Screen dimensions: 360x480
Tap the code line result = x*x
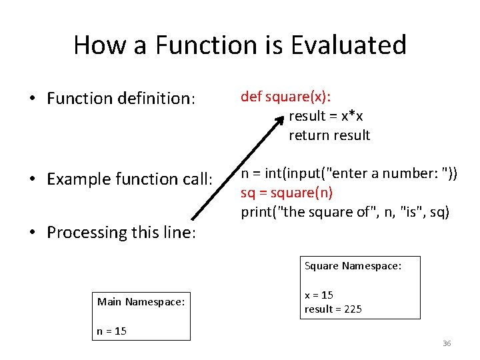point(325,116)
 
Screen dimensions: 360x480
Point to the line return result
point(329,135)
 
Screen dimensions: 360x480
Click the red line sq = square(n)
point(287,193)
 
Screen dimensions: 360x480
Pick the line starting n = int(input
point(349,174)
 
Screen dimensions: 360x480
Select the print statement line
point(345,212)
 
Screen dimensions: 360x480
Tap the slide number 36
point(447,343)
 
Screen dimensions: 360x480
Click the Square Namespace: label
point(353,266)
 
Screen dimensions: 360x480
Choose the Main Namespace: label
point(141,302)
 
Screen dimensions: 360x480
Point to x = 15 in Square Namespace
point(319,295)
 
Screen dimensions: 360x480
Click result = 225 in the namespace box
point(333,309)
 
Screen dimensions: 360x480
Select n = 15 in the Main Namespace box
point(111,331)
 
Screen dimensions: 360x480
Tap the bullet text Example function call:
point(129,179)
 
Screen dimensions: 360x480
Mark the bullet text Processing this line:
point(121,233)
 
